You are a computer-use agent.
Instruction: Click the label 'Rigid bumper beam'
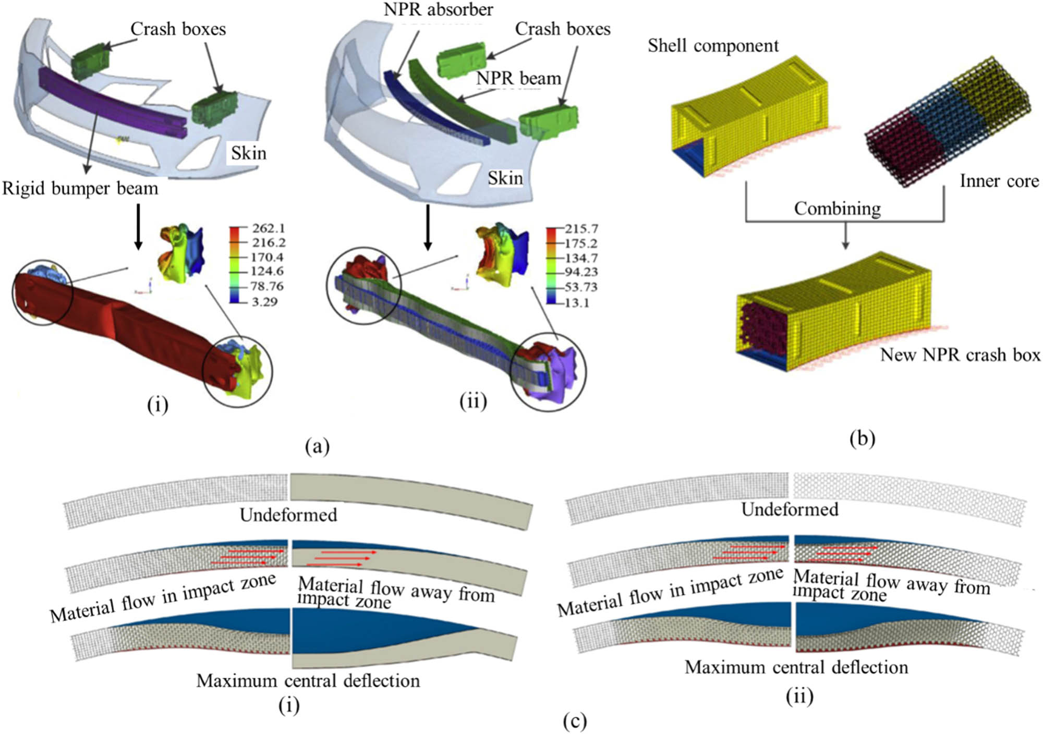(80, 188)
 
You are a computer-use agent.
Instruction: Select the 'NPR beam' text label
(519, 78)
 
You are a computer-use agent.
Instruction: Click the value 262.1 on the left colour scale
(269, 228)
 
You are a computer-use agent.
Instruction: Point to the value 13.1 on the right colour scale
(577, 302)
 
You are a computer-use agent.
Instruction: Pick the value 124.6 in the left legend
(268, 271)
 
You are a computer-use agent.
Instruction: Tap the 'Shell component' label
(713, 46)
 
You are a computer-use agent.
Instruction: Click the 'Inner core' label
(999, 181)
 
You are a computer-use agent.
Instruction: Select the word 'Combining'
(838, 209)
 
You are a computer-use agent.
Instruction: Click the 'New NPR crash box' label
(960, 355)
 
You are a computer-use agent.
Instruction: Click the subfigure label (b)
(862, 438)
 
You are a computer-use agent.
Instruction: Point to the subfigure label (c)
(575, 721)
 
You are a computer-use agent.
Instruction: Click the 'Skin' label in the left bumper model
(249, 153)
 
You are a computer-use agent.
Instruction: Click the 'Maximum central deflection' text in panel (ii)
(796, 667)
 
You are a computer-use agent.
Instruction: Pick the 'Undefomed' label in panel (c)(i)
(288, 515)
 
